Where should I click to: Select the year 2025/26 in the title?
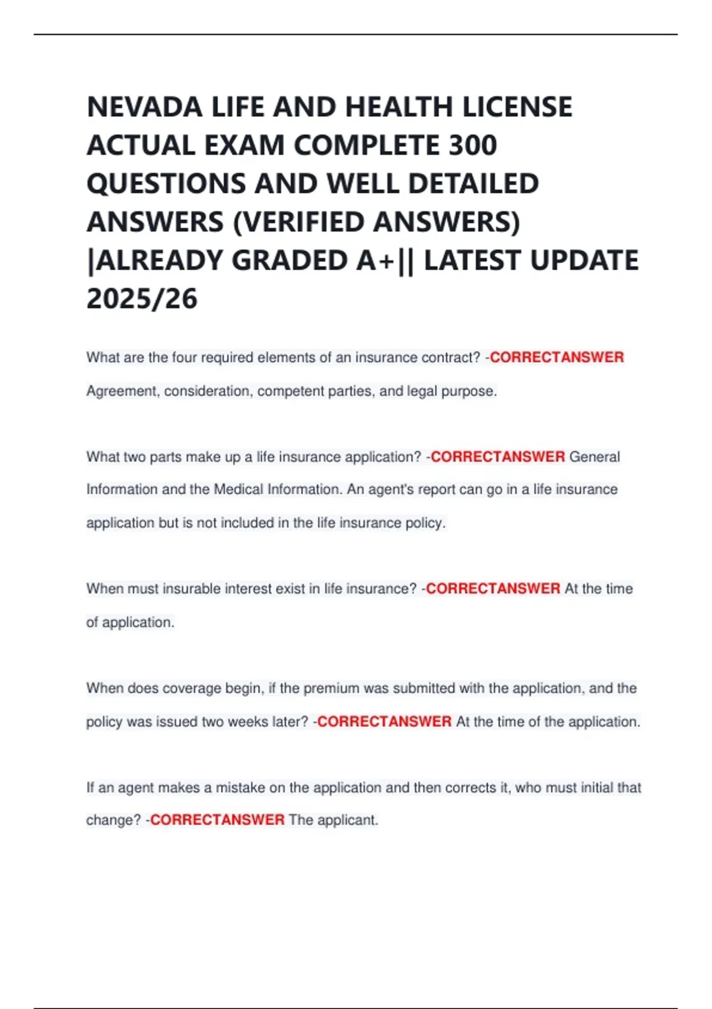[x=142, y=299]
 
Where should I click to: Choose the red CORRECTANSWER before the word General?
[x=497, y=457]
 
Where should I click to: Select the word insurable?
[x=192, y=589]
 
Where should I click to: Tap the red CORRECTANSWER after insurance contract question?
[x=557, y=358]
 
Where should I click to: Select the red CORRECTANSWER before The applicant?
[x=217, y=821]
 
